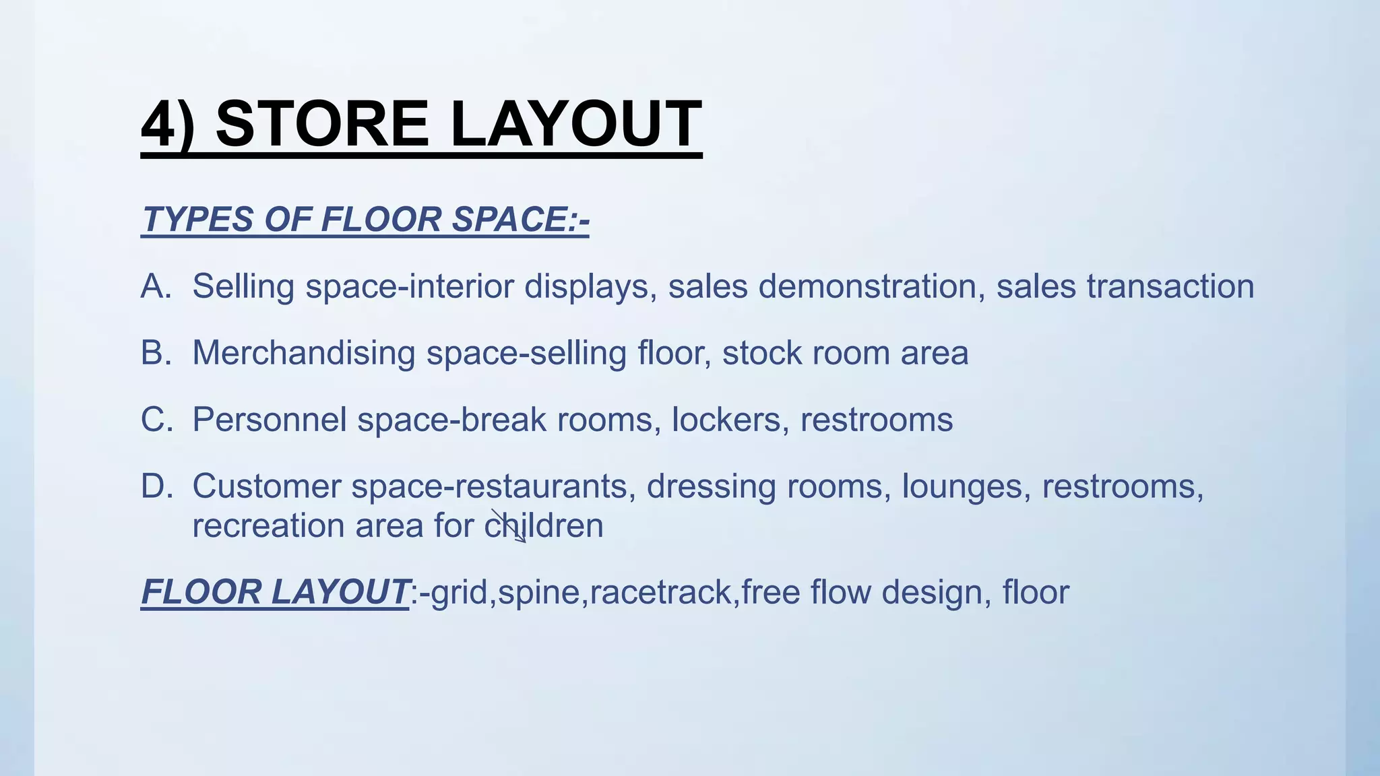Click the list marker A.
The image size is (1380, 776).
click(x=156, y=286)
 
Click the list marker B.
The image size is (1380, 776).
click(x=156, y=353)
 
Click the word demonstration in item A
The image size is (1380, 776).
click(x=867, y=286)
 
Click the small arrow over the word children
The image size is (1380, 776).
click(x=509, y=526)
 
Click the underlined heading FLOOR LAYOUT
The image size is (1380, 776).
click(x=274, y=593)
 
